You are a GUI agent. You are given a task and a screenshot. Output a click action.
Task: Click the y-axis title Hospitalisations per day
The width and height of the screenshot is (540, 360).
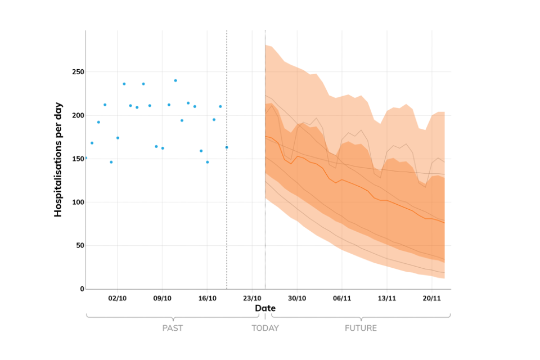point(58,159)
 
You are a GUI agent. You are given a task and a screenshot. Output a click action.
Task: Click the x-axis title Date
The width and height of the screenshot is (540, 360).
point(265,308)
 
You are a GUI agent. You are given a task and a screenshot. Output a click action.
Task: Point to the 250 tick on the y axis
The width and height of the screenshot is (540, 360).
point(77,72)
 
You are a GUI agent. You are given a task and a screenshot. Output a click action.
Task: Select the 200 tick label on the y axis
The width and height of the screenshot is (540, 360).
point(77,115)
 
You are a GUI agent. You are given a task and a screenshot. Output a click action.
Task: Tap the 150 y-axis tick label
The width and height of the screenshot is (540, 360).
point(77,159)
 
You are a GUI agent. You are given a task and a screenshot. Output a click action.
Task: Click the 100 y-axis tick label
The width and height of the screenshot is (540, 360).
point(77,202)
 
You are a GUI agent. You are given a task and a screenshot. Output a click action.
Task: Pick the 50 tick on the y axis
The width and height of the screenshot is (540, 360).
point(79,245)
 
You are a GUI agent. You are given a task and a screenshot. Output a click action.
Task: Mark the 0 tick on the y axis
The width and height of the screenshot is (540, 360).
point(82,289)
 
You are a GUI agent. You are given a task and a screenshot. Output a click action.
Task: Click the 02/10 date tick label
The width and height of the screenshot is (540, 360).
point(118,298)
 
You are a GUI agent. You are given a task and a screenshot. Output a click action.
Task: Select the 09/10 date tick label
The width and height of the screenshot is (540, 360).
point(163,298)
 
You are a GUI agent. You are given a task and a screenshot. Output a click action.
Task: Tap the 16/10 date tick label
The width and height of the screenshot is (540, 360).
point(208,298)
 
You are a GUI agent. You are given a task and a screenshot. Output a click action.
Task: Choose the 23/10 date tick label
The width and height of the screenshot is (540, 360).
point(252,298)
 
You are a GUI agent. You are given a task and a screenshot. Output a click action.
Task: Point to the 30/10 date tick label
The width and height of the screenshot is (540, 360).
point(297,298)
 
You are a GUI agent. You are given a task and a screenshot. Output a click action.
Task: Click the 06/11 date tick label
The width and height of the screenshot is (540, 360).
point(342,298)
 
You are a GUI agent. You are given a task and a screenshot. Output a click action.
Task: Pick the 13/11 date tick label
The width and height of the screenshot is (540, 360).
point(387,298)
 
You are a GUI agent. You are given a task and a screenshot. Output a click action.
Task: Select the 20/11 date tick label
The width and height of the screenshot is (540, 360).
point(431,298)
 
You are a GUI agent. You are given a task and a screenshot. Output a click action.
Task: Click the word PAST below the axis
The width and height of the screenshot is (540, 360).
point(172,328)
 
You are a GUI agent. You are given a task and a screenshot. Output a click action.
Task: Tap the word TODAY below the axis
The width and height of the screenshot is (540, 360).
point(265,328)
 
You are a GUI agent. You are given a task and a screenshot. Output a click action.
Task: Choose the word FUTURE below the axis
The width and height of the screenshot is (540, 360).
point(361,328)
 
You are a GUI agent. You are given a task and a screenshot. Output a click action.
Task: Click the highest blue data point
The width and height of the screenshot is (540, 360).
point(175,80)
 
